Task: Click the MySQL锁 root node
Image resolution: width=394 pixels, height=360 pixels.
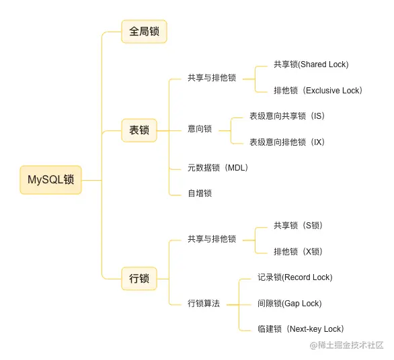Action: point(50,180)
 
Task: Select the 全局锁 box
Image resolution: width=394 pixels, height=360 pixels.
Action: point(144,32)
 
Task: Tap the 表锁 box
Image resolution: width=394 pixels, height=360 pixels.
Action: point(139,130)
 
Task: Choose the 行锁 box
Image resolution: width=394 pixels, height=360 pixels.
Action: point(139,278)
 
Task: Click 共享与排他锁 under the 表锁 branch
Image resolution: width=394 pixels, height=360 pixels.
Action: point(212,78)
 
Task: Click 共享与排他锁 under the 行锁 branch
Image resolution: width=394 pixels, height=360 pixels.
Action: point(212,239)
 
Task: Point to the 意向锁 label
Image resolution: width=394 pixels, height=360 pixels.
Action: point(200,129)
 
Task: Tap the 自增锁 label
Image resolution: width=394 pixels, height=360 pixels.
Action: point(200,193)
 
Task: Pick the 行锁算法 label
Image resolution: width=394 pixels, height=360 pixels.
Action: point(204,304)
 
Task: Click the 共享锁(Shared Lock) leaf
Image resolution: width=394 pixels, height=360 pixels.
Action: point(311,64)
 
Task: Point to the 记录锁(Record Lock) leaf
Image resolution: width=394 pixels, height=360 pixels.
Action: point(294,277)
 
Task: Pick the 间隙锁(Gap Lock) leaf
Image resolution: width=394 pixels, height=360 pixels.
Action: point(289,304)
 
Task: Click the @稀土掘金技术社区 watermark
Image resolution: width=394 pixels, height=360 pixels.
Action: point(346,345)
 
